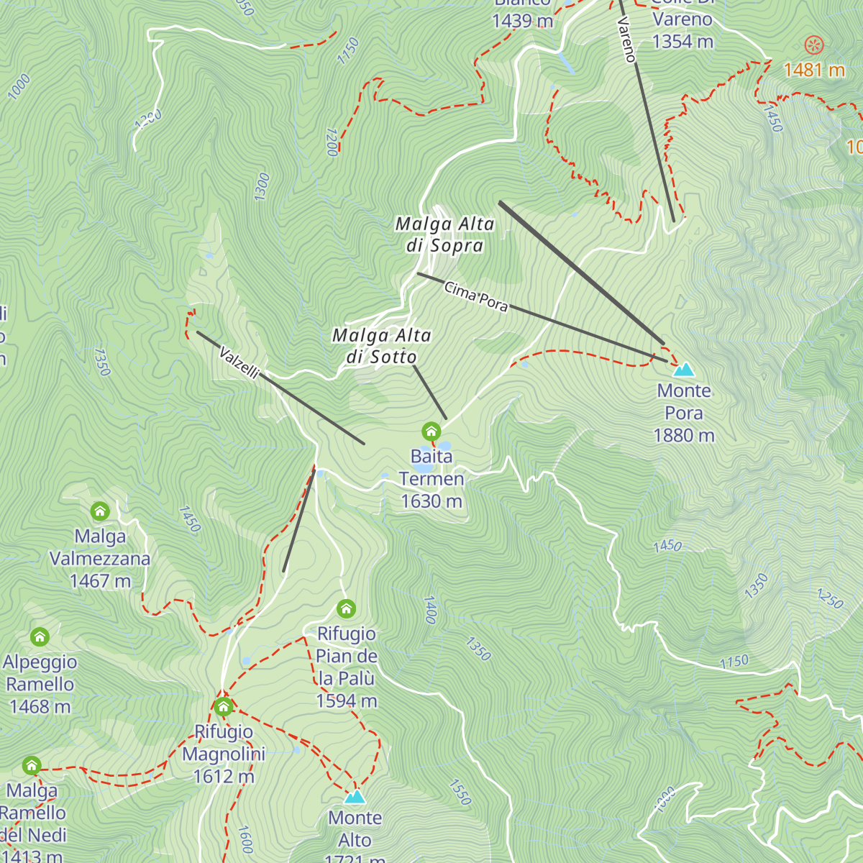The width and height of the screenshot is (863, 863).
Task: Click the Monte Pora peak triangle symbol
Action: point(684,370)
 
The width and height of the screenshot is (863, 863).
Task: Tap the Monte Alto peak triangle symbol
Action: point(355,797)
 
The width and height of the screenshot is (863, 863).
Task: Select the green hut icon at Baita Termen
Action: point(431,431)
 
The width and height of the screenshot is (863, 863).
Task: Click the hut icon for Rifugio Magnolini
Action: point(224,706)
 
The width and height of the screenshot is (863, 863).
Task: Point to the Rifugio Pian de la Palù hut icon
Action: point(346,609)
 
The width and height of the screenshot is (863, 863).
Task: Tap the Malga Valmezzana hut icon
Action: point(100,511)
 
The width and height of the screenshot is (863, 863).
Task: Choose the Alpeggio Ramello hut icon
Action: point(40,636)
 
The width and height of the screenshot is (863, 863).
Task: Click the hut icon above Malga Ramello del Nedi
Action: point(31,764)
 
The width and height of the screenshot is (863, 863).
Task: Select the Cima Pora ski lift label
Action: point(476,297)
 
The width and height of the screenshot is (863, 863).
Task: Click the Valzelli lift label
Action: point(239,362)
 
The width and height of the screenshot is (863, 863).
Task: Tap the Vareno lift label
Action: point(626,40)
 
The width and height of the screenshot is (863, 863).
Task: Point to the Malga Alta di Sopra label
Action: point(444,234)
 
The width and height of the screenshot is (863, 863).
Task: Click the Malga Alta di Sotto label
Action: point(382,346)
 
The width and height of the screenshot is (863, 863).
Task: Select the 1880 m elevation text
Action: point(683,436)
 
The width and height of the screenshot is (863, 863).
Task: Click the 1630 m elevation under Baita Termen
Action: point(431,501)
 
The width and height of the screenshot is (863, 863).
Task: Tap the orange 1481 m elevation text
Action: point(813,70)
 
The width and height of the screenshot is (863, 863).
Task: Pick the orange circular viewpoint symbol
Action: point(813,45)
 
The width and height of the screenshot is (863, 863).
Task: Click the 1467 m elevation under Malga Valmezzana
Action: point(100,581)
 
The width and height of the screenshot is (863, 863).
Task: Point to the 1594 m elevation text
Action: point(346,701)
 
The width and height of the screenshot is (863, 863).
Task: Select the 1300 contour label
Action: point(262,186)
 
